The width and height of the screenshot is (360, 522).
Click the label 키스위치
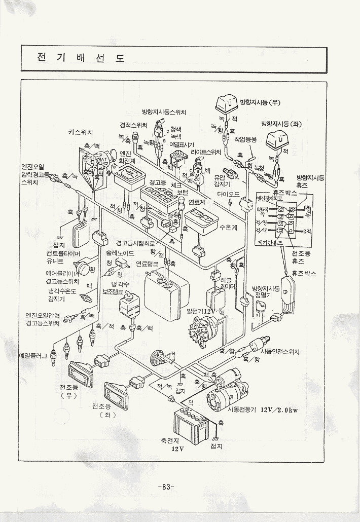pos(80,132)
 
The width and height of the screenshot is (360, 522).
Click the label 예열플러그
pos(32,356)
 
